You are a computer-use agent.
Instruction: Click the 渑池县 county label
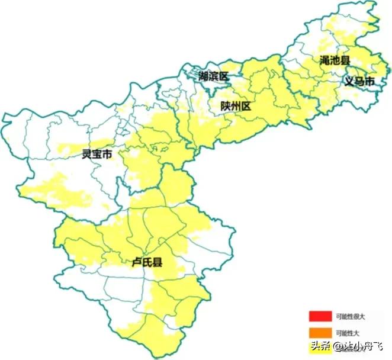(335, 60)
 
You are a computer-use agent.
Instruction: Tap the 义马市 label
(359, 81)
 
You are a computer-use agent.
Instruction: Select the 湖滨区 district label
(214, 76)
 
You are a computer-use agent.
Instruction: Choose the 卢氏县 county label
(147, 261)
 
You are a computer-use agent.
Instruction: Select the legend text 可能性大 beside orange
(347, 332)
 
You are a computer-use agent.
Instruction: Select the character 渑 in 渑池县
(324, 60)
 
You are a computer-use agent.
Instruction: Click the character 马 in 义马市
(359, 81)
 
